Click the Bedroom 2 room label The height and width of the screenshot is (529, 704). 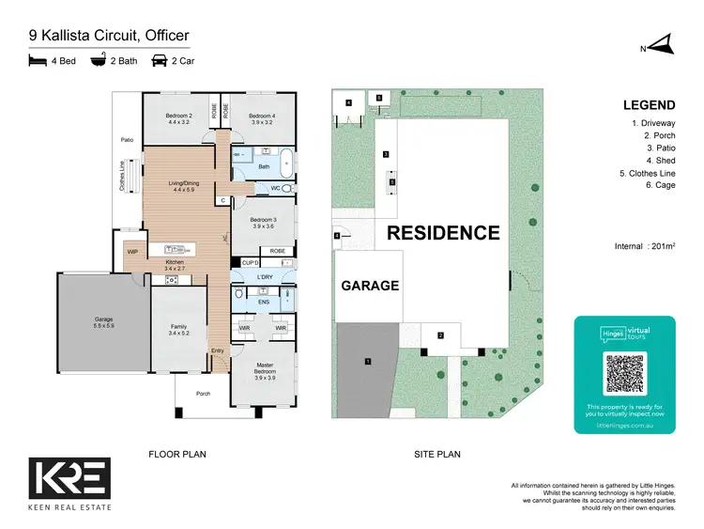coord(178,118)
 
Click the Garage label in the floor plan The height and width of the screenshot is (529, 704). coord(102,321)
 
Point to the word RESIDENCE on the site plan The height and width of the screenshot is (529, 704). coord(444,232)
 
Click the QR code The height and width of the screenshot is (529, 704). coord(624,373)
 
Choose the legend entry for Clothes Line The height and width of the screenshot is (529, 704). coord(649,173)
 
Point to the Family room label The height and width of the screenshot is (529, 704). coord(178,330)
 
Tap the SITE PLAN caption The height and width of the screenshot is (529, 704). coord(437,454)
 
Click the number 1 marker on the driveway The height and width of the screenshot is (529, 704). coord(368,361)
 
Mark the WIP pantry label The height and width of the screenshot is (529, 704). coord(131,251)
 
